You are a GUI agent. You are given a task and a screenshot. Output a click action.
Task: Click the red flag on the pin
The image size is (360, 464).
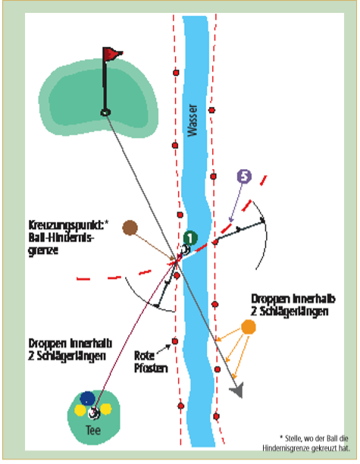113,54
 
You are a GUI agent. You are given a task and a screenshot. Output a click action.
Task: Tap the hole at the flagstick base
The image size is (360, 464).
105,112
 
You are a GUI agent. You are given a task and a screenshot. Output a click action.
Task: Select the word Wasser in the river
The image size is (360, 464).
193,120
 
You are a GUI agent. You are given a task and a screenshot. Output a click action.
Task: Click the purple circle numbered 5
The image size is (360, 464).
244,177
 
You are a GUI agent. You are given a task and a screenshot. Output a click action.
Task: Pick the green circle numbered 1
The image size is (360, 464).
190,238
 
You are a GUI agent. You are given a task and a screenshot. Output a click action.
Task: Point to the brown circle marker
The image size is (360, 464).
130,227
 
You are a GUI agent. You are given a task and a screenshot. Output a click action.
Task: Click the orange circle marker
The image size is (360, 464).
249,327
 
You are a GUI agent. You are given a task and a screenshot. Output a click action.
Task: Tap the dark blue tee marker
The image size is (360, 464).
88,398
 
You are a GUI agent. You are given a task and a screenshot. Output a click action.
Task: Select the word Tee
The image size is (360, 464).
93,430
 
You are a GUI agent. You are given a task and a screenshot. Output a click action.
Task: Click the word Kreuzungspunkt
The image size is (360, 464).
67,225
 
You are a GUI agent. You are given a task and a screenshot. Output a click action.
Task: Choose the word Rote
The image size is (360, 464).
144,355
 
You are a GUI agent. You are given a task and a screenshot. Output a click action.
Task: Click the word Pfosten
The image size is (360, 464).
151,368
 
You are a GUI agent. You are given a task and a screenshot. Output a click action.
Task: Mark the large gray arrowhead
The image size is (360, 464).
237,390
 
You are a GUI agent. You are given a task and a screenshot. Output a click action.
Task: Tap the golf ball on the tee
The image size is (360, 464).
94,412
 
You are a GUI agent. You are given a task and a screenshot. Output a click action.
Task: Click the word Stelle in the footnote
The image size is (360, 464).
293,438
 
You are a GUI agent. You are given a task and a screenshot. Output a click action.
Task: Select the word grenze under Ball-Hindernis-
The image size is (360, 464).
43,250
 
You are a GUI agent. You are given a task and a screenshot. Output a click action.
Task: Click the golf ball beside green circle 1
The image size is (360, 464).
185,249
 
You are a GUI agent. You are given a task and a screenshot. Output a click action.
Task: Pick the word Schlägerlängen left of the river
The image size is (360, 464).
70,356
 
